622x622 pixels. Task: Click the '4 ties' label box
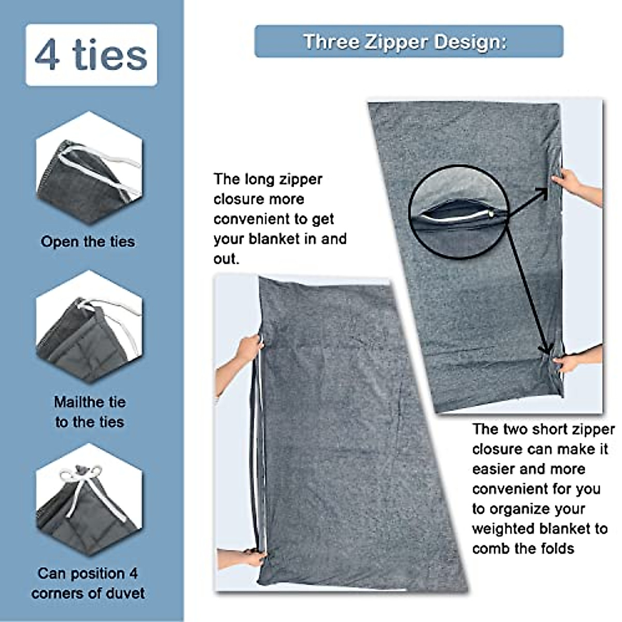(x=91, y=55)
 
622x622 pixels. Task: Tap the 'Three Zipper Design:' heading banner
(x=408, y=41)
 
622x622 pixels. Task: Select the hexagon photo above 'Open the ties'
(x=89, y=169)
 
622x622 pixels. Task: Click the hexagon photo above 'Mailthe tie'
(x=89, y=327)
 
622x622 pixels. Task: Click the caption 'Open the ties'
(x=88, y=242)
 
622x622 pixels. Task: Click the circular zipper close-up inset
(x=458, y=212)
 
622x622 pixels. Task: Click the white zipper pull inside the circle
(x=490, y=213)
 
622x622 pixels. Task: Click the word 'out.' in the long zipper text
(x=227, y=259)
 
